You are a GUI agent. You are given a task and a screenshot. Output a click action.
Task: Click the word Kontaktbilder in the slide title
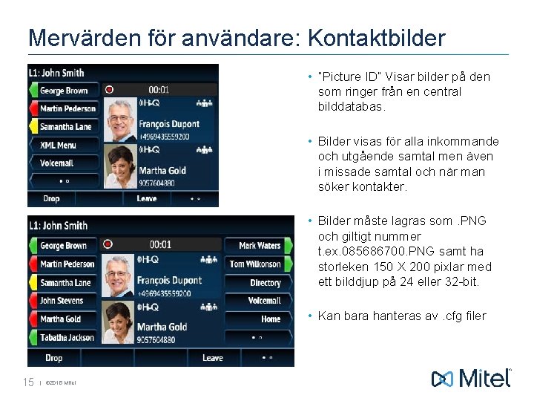[377, 38]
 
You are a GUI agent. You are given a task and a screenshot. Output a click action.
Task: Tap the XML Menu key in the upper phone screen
[59, 145]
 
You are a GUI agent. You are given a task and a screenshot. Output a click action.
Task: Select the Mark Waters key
[259, 246]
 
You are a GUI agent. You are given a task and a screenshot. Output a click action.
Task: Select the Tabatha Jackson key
[67, 338]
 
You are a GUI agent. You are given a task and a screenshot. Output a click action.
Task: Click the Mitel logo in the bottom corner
[472, 378]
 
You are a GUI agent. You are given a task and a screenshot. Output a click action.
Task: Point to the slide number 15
[29, 382]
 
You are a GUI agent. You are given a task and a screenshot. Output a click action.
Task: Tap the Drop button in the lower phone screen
[53, 358]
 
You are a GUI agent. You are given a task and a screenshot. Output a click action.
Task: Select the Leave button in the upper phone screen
[146, 198]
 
